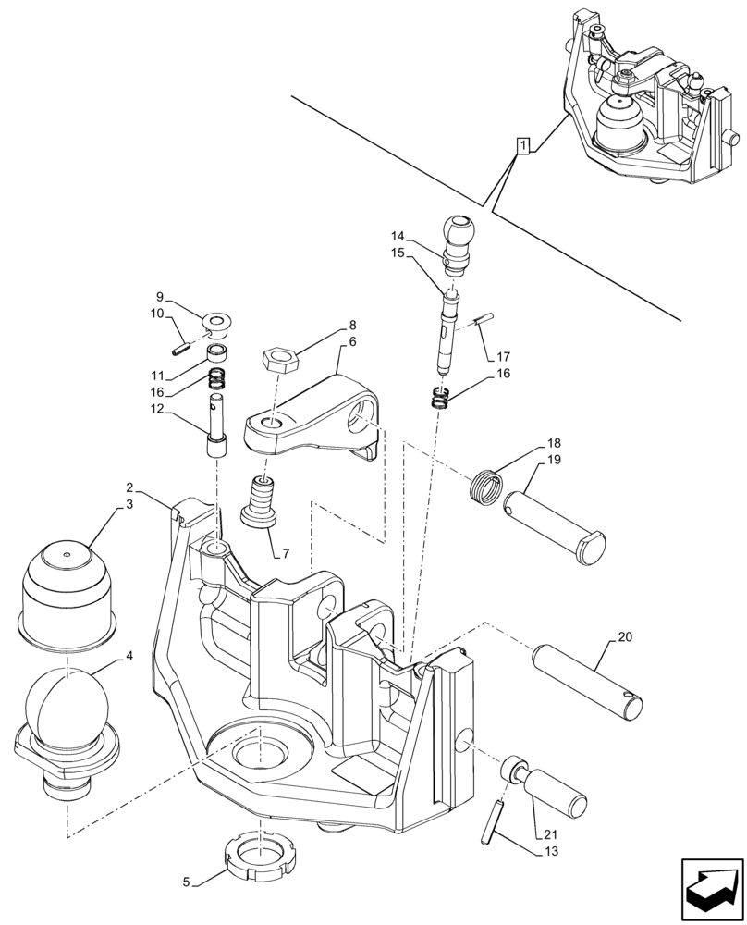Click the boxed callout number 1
click(x=523, y=145)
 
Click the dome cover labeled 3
click(x=66, y=589)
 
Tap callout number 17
click(x=503, y=356)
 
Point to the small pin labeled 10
click(x=181, y=349)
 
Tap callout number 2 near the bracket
click(x=129, y=487)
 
